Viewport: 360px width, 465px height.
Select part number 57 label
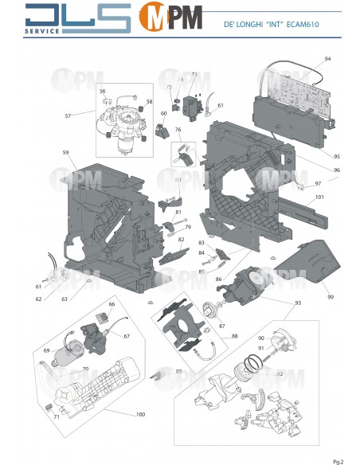point(68,116)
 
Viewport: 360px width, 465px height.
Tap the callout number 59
point(65,152)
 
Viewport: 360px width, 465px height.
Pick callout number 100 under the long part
point(140,415)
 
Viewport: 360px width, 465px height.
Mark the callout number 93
point(298,303)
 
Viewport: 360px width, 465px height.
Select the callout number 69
point(47,350)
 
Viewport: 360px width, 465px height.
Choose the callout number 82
point(182,240)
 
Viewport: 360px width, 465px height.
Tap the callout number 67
point(126,336)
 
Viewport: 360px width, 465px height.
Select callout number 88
point(212,336)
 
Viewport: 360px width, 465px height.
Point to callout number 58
point(148,102)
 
